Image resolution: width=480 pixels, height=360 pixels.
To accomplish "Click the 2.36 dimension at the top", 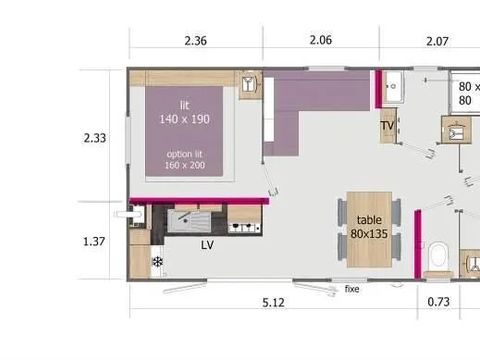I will [x=196, y=41].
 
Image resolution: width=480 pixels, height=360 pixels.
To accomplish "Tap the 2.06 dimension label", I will [x=320, y=41].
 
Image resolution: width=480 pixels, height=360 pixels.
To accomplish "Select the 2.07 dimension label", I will [x=437, y=41].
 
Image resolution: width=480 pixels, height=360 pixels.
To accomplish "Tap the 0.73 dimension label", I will [x=438, y=302].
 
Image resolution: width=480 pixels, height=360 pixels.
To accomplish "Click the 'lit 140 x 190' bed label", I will [x=185, y=112].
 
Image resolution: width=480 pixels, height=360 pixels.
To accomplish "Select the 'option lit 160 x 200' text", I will [x=185, y=159].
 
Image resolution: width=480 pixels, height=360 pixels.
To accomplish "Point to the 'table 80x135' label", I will [x=369, y=226].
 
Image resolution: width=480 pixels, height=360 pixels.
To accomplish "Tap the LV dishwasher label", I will [x=207, y=244].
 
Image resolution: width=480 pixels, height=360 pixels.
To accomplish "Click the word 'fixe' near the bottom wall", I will [x=352, y=289].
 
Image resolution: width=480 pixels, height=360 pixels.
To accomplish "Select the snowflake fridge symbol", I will [x=157, y=262].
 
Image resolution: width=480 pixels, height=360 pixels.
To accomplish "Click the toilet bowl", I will [x=437, y=256].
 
